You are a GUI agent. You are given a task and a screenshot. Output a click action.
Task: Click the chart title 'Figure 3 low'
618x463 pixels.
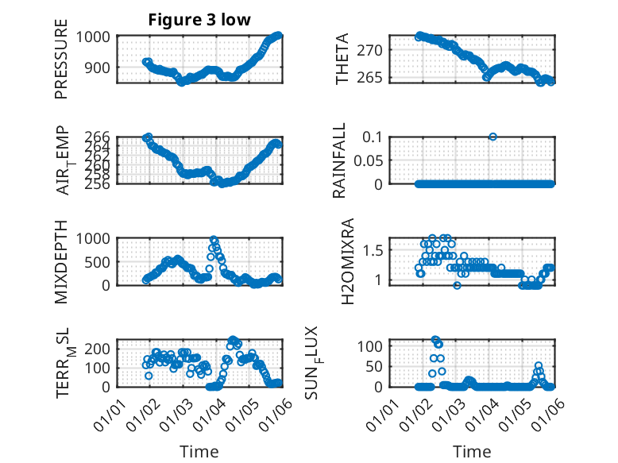coord(199,20)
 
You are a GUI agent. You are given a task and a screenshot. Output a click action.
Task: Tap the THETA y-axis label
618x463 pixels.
coord(342,60)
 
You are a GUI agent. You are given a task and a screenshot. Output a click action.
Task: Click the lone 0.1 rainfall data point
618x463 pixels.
coord(492,137)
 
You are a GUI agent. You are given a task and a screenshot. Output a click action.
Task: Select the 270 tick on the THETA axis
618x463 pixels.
coord(376,50)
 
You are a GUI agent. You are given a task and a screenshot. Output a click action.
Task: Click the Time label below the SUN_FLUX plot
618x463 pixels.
coord(472,452)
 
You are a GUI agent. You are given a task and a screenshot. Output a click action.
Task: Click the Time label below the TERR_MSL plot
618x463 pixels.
coord(199,452)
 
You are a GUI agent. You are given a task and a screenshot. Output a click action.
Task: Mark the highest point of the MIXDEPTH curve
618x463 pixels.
coord(214,239)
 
